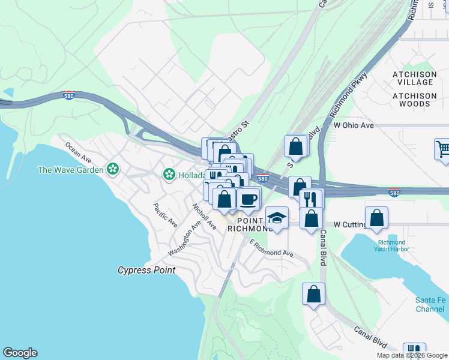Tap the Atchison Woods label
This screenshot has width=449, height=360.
coord(414,100)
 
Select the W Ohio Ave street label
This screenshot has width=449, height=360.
coord(354,125)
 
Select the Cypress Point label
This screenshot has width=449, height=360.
coord(146,270)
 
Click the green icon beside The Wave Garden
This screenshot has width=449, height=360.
coord(112,170)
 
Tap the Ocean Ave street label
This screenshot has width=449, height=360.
coord(79,153)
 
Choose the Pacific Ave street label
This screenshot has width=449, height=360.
coord(165,215)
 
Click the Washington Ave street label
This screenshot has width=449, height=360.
coord(184,239)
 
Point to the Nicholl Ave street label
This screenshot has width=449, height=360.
coord(204,217)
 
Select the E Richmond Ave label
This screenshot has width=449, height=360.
coord(271,248)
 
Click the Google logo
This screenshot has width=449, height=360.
coord(20,353)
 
